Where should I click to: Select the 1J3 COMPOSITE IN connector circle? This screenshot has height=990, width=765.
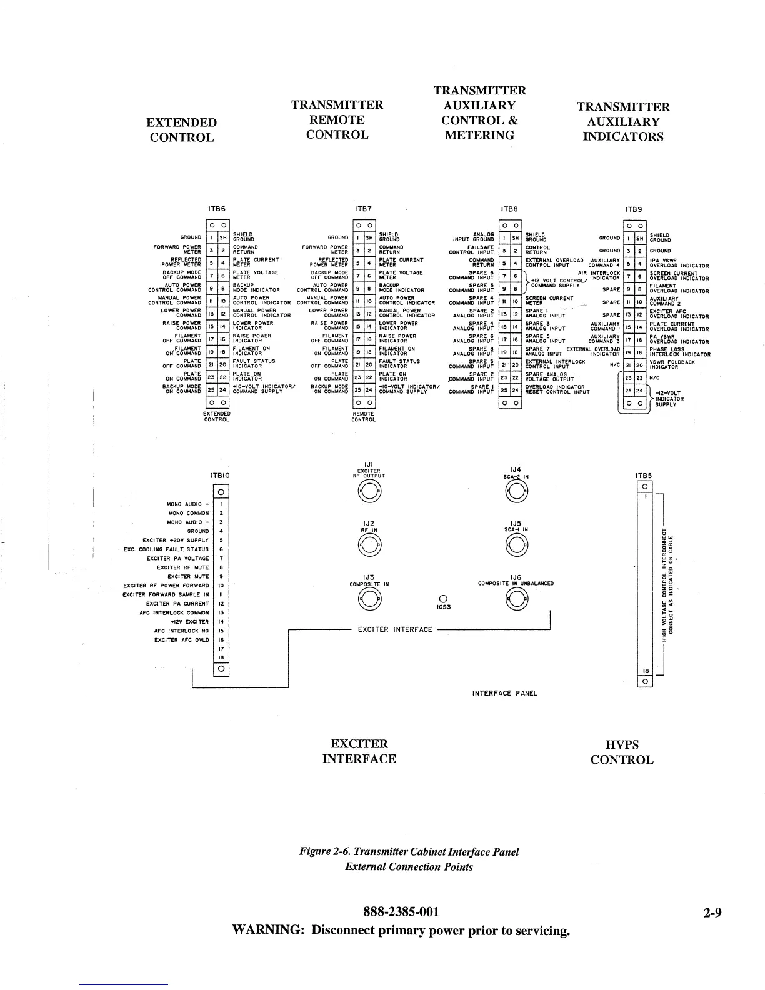pyautogui.click(x=369, y=600)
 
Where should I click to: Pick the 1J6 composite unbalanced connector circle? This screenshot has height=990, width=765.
pyautogui.click(x=516, y=600)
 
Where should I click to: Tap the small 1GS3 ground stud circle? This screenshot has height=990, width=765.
pyautogui.click(x=442, y=598)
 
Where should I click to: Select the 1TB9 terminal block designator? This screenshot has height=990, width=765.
pyautogui.click(x=634, y=209)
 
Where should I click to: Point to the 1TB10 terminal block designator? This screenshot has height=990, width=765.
pyautogui.click(x=220, y=476)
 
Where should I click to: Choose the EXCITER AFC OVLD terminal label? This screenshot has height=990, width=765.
pyautogui.click(x=182, y=640)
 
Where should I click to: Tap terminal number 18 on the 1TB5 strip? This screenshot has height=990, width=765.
pyautogui.click(x=644, y=671)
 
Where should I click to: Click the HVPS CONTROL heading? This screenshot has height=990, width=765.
pyautogui.click(x=622, y=752)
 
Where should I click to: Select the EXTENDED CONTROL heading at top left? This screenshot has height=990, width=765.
pyautogui.click(x=182, y=130)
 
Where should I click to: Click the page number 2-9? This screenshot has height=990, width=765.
pyautogui.click(x=712, y=912)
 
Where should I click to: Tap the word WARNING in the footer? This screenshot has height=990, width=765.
pyautogui.click(x=268, y=930)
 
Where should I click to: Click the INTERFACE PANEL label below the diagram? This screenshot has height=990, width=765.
pyautogui.click(x=504, y=693)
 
